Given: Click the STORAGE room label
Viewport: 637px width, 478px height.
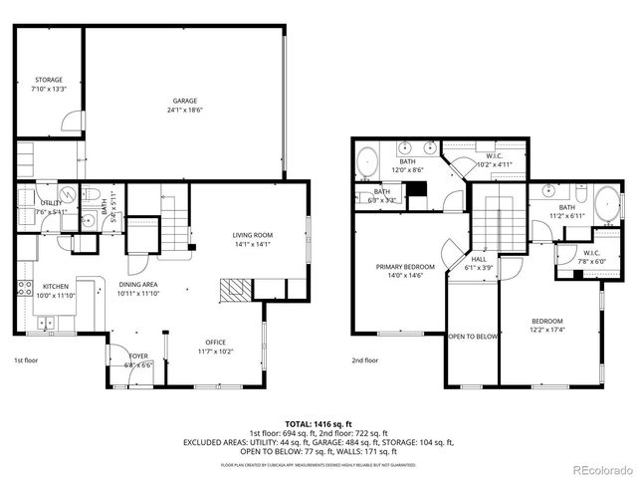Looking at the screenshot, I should click(x=49, y=80).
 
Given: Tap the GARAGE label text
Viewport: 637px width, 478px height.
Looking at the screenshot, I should click(x=184, y=101).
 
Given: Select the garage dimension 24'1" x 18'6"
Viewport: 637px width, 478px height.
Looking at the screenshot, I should click(x=184, y=111).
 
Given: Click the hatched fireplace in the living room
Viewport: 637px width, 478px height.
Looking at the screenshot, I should click(x=235, y=290).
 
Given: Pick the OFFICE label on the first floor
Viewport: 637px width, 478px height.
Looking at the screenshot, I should click(x=215, y=342).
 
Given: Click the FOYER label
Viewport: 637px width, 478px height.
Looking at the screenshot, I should click(x=137, y=356).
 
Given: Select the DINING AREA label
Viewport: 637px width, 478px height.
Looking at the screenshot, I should click(x=138, y=284).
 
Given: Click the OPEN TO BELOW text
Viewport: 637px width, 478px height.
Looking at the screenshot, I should click(x=473, y=337).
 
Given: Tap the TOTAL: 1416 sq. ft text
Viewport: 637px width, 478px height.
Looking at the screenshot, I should click(x=318, y=423).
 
